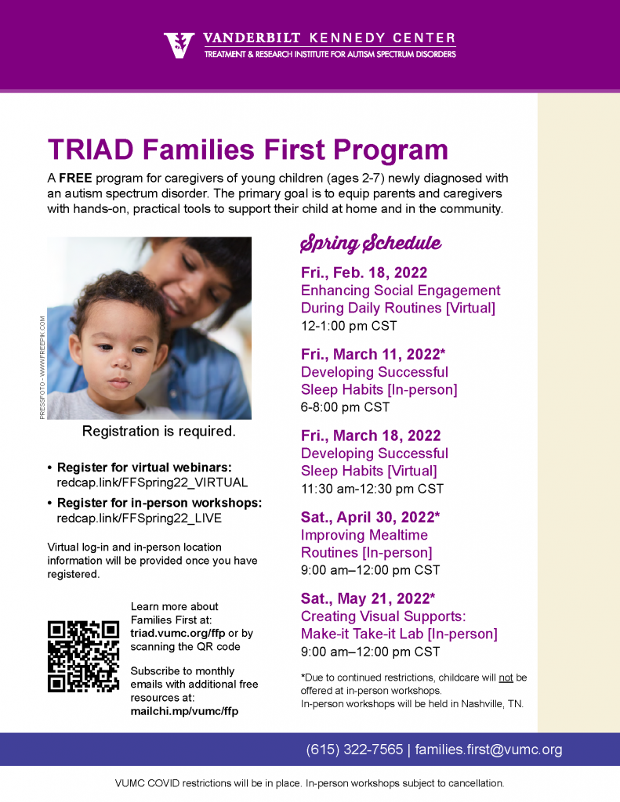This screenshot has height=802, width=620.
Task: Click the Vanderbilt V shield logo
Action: click(x=179, y=45)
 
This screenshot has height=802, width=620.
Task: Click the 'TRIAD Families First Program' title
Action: click(x=248, y=150)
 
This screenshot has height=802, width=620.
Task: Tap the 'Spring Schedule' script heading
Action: click(x=371, y=244)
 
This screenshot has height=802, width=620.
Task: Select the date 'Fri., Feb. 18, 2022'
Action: click(x=364, y=273)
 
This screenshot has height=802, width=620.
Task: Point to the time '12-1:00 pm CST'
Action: click(x=349, y=326)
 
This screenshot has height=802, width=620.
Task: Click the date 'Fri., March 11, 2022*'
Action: click(x=373, y=354)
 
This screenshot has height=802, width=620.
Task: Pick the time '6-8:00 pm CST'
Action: click(x=345, y=407)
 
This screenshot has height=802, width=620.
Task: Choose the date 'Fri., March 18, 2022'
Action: click(x=371, y=435)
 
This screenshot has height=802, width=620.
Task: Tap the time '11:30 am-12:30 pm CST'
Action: click(x=372, y=489)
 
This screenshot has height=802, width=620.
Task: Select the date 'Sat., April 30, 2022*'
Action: click(x=370, y=517)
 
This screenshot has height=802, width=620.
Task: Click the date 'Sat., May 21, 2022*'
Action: click(x=368, y=598)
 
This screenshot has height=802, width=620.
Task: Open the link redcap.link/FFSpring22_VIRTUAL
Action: click(x=152, y=482)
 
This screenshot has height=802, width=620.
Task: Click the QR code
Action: click(x=83, y=656)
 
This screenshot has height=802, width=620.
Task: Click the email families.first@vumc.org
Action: click(x=488, y=750)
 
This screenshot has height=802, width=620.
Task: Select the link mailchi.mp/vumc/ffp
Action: click(x=184, y=711)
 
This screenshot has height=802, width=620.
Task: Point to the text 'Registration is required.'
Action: click(x=159, y=432)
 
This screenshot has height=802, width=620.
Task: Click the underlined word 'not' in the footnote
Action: click(x=506, y=677)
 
